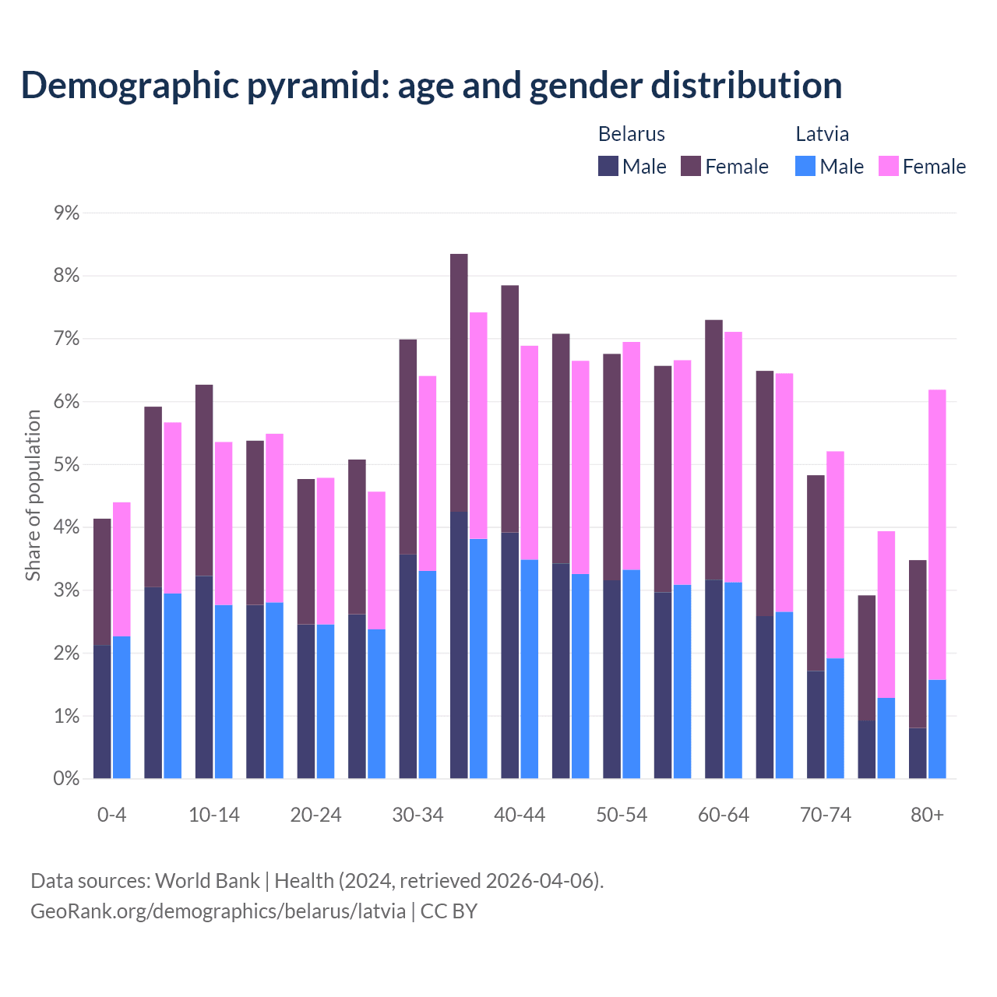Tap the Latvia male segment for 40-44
[x=530, y=669]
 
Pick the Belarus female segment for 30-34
[x=408, y=446]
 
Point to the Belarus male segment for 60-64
[x=713, y=679]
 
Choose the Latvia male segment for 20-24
[x=326, y=701]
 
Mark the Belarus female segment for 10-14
[x=204, y=480]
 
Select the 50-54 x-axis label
[x=622, y=816]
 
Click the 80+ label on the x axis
[x=927, y=816]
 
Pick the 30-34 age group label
[x=417, y=816]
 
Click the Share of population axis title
[x=33, y=495]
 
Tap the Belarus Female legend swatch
[x=691, y=166]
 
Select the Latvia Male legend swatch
[x=805, y=166]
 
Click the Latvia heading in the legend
[x=822, y=134]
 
